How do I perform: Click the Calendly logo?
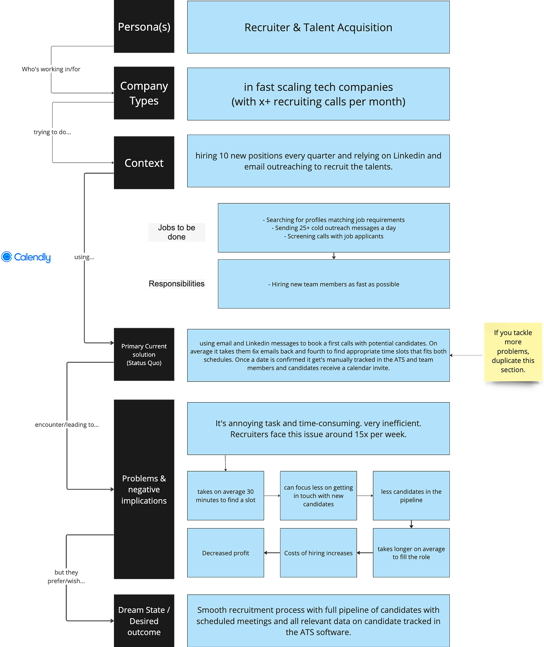[x=26, y=257]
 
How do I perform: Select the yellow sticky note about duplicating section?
[x=513, y=351]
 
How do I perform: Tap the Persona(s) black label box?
[x=144, y=27]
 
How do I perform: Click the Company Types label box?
[x=144, y=93]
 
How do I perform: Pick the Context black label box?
[x=144, y=163]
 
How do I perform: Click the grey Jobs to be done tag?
[x=177, y=232]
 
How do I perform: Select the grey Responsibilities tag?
[x=177, y=284]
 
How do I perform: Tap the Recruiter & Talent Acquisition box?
[x=318, y=27]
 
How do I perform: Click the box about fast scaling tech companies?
[x=318, y=94]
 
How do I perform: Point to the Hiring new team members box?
[x=334, y=284]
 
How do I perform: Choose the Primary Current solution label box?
[x=144, y=354]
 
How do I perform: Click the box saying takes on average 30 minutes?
[x=226, y=496]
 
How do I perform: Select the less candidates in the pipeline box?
[x=411, y=496]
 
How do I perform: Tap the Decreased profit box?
[x=226, y=553]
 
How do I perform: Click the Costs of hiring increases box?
[x=318, y=553]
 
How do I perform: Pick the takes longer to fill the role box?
[x=411, y=553]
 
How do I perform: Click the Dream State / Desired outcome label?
[x=144, y=621]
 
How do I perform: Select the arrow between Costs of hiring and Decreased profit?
[x=272, y=553]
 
